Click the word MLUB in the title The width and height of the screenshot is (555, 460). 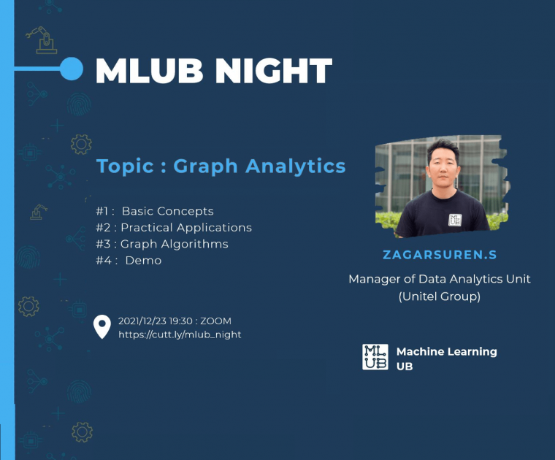point(149,70)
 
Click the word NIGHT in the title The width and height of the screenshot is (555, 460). point(274,70)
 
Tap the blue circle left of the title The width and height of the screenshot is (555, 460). point(72,69)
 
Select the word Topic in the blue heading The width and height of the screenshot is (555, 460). point(125,166)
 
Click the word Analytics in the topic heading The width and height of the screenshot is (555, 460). point(295,166)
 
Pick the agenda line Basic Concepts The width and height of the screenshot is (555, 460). point(168,211)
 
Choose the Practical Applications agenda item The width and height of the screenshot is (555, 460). point(186,228)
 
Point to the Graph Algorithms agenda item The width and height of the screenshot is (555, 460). point(174,244)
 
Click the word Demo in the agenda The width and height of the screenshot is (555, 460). point(143,261)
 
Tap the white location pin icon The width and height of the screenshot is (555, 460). point(102,326)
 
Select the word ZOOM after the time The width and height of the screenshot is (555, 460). point(215,321)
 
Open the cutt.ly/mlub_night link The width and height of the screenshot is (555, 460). point(180,334)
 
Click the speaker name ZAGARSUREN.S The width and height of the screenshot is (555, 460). point(440,255)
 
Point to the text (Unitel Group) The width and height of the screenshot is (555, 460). point(440,296)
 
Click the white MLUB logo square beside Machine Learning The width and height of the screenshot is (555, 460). point(375,357)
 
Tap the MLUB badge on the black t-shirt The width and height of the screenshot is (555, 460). point(455,220)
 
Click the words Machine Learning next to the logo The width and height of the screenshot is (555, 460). point(447,352)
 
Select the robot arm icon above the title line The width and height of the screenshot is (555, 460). point(42,40)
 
